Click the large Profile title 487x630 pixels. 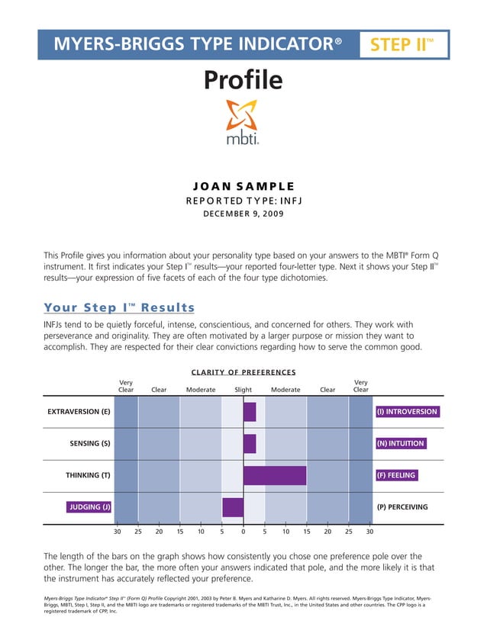point(243,80)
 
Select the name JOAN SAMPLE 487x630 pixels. point(243,186)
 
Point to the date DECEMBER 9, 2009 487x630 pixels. point(243,214)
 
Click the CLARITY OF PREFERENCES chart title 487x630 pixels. point(243,372)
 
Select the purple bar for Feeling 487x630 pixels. point(274,475)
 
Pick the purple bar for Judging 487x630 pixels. point(233,507)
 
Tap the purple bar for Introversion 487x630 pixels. point(250,412)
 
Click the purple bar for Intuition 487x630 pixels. point(250,443)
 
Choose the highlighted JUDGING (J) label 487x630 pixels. point(89,507)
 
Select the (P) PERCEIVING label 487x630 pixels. point(402,507)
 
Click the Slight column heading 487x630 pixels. point(243,389)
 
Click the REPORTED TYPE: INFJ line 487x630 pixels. point(243,201)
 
